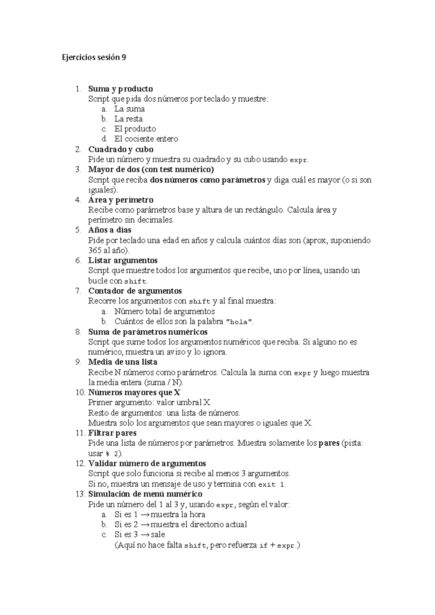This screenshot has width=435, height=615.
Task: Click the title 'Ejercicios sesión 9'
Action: pyautogui.click(x=94, y=57)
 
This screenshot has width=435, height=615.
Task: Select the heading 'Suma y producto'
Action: pyautogui.click(x=120, y=89)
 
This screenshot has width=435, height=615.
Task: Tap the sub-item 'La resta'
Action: pyautogui.click(x=128, y=119)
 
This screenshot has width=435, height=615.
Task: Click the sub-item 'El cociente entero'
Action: pyautogui.click(x=146, y=139)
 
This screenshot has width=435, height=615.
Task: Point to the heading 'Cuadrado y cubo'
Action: pyautogui.click(x=121, y=149)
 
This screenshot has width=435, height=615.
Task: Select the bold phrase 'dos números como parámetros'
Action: pyautogui.click(x=207, y=180)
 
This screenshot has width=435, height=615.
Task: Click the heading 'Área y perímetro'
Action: pyautogui.click(x=121, y=200)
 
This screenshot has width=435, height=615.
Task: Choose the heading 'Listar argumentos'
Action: pyautogui.click(x=123, y=260)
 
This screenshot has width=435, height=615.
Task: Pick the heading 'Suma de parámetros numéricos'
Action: pyautogui.click(x=148, y=332)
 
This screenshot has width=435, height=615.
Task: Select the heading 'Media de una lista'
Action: pyautogui.click(x=123, y=362)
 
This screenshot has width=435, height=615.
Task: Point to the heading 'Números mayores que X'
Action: pyautogui.click(x=134, y=392)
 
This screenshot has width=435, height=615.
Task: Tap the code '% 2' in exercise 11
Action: pyautogui.click(x=112, y=454)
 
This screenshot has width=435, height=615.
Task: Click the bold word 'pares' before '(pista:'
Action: pyautogui.click(x=329, y=443)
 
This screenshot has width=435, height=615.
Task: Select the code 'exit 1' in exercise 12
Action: pyautogui.click(x=272, y=484)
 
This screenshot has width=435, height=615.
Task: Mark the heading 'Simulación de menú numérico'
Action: pyautogui.click(x=145, y=494)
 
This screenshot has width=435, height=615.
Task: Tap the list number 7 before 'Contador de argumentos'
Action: pyautogui.click(x=78, y=291)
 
